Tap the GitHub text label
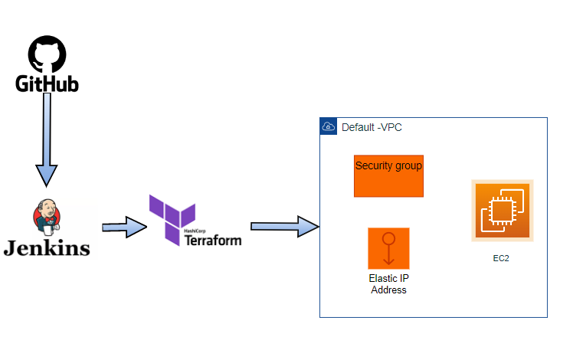pos(47,83)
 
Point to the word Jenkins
pos(47,247)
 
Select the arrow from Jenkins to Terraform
pos(123,227)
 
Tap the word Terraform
pos(213,241)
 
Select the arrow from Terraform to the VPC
pos(283,226)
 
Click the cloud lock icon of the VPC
pos(328,126)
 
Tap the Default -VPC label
pos(372,127)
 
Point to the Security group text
pos(388,165)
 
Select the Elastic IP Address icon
pos(388,247)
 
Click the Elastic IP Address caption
pos(388,284)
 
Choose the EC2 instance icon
pos(502,211)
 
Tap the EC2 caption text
pos(501,259)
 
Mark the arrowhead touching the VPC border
pos(310,226)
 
